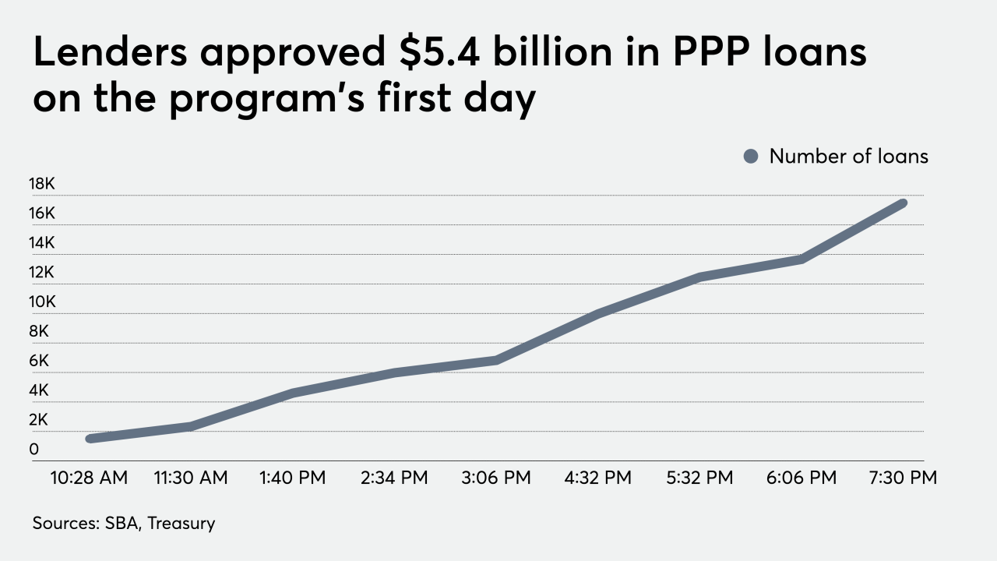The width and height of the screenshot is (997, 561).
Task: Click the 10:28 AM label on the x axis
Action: pyautogui.click(x=90, y=478)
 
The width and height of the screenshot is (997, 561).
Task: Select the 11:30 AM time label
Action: pyautogui.click(x=191, y=478)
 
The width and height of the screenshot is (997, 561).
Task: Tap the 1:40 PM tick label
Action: pyautogui.click(x=293, y=478)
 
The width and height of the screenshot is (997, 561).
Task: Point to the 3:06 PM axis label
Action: pyautogui.click(x=496, y=478)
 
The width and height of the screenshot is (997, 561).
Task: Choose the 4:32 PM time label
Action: pyautogui.click(x=597, y=478)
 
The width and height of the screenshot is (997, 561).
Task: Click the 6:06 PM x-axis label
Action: pyautogui.click(x=801, y=478)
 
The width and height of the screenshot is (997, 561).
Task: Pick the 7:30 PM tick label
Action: pyautogui.click(x=903, y=478)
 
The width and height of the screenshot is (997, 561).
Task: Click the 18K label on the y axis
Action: pyautogui.click(x=42, y=184)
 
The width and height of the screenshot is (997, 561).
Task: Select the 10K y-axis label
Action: pyautogui.click(x=42, y=302)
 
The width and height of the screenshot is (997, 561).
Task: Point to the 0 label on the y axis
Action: pyautogui.click(x=34, y=450)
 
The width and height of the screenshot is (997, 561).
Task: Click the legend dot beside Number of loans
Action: pyautogui.click(x=751, y=157)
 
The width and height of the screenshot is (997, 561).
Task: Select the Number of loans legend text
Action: pyautogui.click(x=848, y=157)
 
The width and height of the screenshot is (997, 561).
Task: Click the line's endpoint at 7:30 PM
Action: pyautogui.click(x=903, y=203)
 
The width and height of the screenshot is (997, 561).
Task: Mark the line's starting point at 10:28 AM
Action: pyautogui.click(x=90, y=439)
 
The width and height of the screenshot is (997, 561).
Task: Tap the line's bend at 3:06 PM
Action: pyautogui.click(x=496, y=360)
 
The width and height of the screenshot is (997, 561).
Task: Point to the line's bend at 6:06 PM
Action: pyautogui.click(x=801, y=259)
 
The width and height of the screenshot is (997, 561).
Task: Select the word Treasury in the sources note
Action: pyautogui.click(x=181, y=523)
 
